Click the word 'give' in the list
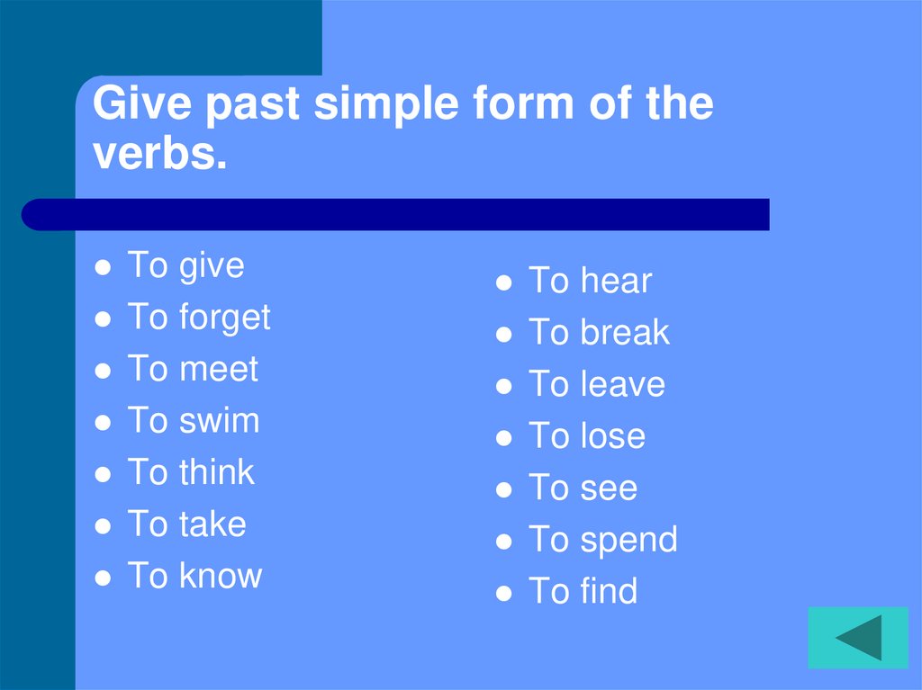point(212,267)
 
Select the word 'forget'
point(224,318)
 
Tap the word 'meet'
point(219,370)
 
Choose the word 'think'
point(216,473)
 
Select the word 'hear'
point(616,282)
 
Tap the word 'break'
point(625,333)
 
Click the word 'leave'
point(622,385)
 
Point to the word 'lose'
point(612,437)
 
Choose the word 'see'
point(609,488)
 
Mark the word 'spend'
point(628,541)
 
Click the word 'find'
point(609,592)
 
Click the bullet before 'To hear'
point(505,283)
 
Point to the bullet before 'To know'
point(104,578)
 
